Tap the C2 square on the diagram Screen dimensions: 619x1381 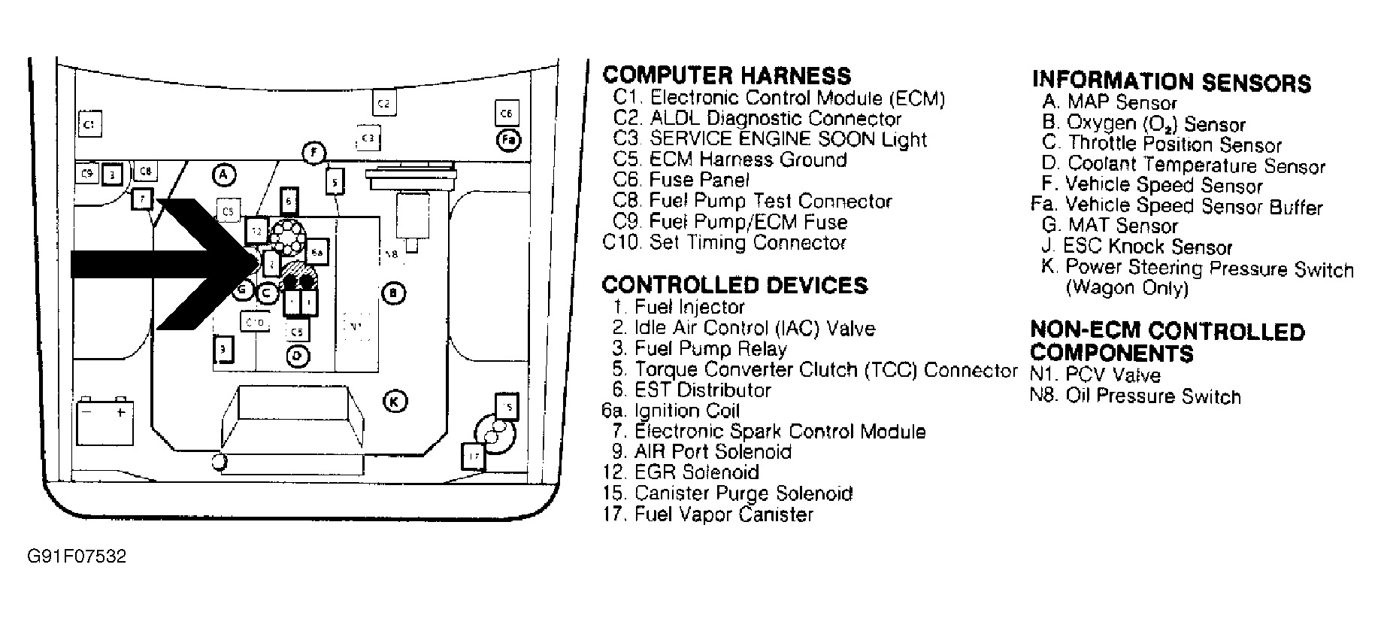coord(383,103)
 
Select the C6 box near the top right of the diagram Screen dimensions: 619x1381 coord(506,113)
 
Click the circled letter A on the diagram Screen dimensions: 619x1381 coord(223,175)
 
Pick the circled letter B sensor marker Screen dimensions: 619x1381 coord(394,293)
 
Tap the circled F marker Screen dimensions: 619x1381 coord(314,153)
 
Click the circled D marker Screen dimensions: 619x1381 coord(298,355)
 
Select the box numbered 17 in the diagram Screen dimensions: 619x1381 coord(473,456)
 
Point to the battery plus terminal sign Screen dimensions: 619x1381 coord(120,412)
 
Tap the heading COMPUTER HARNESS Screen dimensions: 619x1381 coord(727,75)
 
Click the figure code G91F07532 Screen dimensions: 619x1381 coord(77,557)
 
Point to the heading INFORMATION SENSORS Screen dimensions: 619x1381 coord(1171,82)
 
